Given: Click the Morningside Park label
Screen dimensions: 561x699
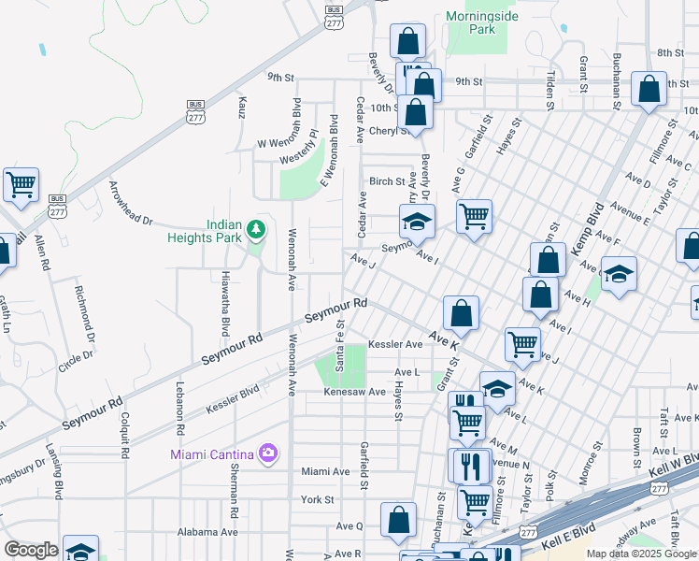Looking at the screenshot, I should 482,22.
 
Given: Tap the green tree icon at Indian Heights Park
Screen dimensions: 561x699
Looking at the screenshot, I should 256,228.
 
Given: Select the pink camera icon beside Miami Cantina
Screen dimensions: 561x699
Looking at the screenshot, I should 269,453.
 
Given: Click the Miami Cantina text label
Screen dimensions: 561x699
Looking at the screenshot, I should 212,454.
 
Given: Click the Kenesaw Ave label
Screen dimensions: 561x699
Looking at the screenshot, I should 355,392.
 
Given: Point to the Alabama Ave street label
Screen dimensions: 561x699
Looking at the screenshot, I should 207,531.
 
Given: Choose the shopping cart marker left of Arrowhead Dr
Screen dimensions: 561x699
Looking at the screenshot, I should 21,183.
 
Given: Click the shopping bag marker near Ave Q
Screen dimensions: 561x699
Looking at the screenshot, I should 398,520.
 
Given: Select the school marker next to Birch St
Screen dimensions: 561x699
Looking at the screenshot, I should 417,222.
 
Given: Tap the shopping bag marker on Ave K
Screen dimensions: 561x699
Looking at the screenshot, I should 461,312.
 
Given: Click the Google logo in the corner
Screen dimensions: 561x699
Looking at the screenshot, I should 32,550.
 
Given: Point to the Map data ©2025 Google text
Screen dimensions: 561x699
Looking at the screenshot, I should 640,554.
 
